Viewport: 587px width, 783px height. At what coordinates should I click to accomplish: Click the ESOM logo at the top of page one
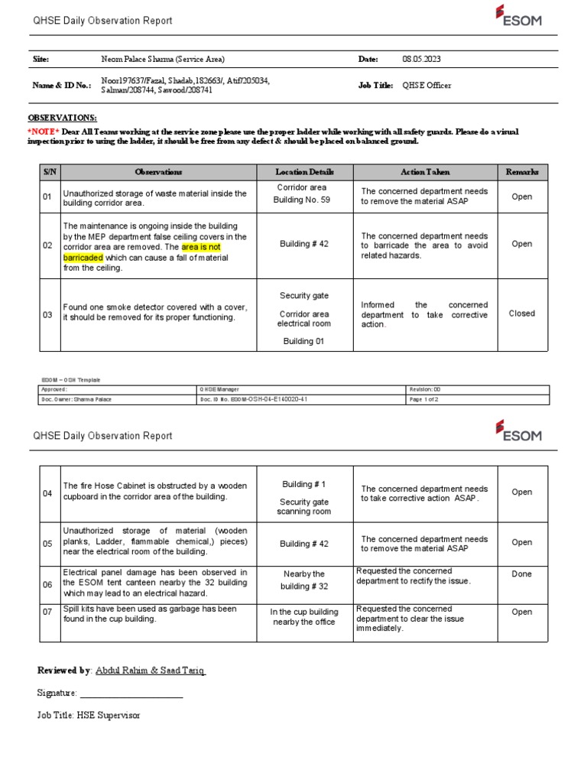pos(518,16)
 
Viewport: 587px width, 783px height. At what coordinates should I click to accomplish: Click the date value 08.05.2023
pos(421,60)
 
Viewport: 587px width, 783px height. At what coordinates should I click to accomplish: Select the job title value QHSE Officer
pos(426,86)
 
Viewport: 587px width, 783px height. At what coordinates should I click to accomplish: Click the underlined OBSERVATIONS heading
pos(63,118)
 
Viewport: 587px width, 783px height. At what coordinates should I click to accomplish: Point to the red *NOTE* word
pos(44,132)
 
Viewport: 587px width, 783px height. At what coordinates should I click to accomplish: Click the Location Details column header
pos(304,172)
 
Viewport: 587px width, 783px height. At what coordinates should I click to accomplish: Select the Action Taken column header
pos(425,172)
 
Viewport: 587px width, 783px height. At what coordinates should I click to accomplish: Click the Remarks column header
pos(522,172)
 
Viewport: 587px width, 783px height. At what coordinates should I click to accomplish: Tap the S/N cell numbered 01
pos(47,197)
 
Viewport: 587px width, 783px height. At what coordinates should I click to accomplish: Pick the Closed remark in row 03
pos(522,314)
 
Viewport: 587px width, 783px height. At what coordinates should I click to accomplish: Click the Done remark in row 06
pos(522,574)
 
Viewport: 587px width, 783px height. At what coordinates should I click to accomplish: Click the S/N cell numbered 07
pos(47,612)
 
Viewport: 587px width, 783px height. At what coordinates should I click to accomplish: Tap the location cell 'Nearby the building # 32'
pos(304,580)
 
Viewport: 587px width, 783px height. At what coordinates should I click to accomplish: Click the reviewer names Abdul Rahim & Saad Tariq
pos(150,671)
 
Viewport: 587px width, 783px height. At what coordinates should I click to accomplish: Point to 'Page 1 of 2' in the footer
pos(423,399)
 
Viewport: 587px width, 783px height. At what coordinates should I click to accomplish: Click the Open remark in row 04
pos(522,492)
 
